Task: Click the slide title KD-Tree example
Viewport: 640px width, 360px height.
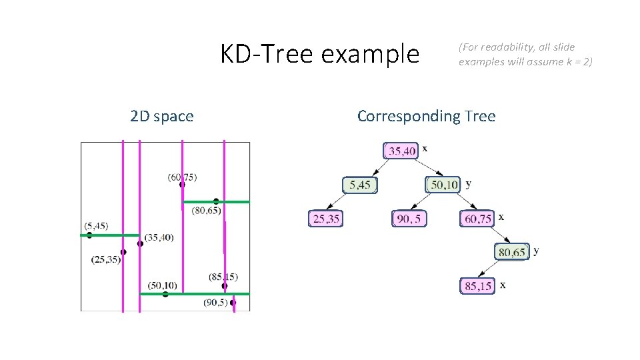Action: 320,54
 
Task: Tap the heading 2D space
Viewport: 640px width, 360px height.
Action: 162,117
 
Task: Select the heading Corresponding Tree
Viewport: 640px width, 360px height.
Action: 426,116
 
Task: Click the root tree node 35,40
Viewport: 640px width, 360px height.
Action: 402,151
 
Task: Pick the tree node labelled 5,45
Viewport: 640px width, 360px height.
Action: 359,185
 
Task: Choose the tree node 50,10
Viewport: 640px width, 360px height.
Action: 443,185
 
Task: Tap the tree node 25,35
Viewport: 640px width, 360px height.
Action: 325,219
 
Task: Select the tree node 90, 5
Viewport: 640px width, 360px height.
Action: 409,219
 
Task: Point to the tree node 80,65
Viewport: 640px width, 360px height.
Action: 511,252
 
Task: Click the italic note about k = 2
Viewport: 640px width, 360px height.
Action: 525,55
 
